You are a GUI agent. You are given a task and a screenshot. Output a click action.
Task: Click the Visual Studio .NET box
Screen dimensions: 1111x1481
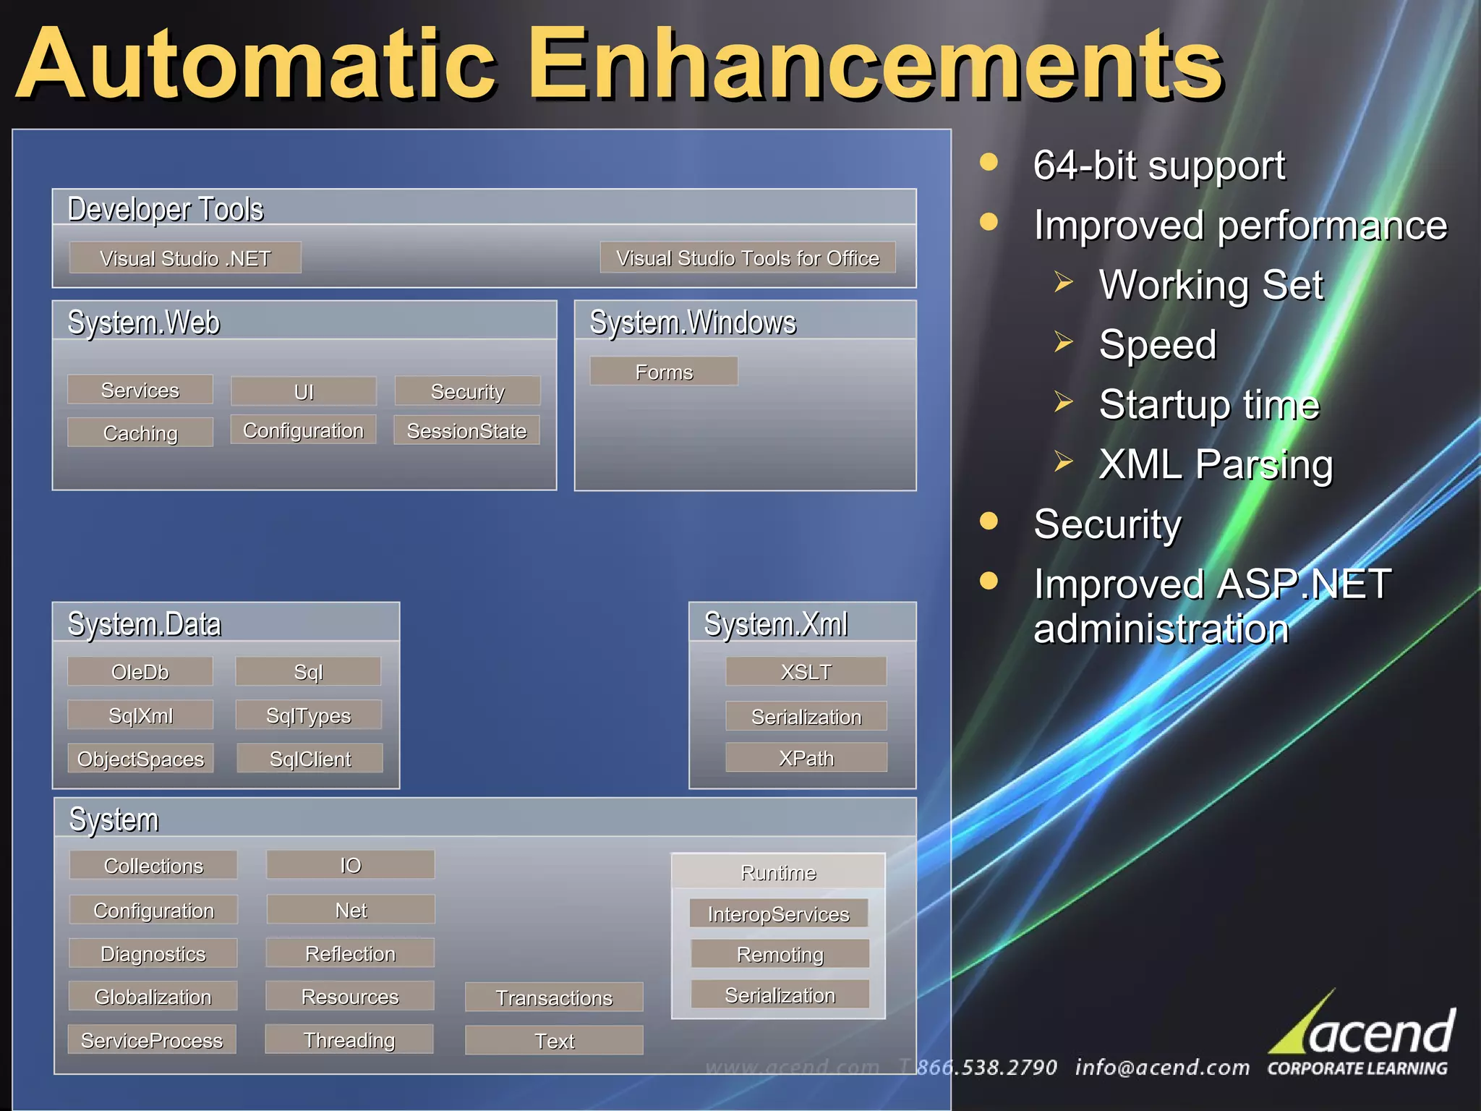[185, 257]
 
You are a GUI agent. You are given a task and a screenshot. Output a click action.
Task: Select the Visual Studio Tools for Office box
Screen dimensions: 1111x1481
[748, 257]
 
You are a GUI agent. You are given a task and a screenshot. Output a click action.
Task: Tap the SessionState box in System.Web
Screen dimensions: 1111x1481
[466, 430]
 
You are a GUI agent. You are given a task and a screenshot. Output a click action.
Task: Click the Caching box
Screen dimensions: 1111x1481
[140, 433]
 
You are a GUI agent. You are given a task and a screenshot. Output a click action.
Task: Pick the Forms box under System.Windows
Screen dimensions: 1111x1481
[664, 372]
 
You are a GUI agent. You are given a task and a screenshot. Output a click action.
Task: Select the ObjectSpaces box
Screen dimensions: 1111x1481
[140, 759]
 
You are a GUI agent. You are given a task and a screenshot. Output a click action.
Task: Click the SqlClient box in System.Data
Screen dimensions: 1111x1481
[310, 759]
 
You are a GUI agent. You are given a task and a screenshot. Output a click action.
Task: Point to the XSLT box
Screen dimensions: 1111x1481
[806, 671]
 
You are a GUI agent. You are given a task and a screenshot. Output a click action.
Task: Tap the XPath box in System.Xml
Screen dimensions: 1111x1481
[806, 757]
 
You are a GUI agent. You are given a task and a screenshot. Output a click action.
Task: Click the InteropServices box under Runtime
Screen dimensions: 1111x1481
[779, 914]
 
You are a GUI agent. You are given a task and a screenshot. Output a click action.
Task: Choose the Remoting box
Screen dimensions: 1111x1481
[780, 954]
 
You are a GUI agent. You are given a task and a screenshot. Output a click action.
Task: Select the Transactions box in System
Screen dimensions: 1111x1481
[554, 997]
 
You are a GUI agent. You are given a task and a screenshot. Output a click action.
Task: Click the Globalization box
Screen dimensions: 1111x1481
[153, 996]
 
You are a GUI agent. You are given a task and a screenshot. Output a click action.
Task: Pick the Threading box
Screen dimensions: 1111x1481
[349, 1039]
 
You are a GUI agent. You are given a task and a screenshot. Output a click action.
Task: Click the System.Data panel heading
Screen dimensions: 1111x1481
[145, 623]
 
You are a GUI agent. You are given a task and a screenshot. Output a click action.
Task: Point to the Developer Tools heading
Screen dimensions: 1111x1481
[166, 209]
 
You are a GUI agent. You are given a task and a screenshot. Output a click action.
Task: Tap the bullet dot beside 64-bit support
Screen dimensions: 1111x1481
[989, 162]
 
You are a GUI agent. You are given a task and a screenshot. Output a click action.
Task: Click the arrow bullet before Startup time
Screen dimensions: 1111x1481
[1063, 401]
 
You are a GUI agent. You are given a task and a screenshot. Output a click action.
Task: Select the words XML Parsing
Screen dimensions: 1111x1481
[1216, 464]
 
